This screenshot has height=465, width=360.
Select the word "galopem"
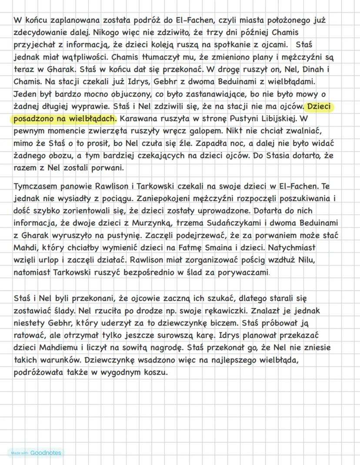206,130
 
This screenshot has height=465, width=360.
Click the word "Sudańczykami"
222,223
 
